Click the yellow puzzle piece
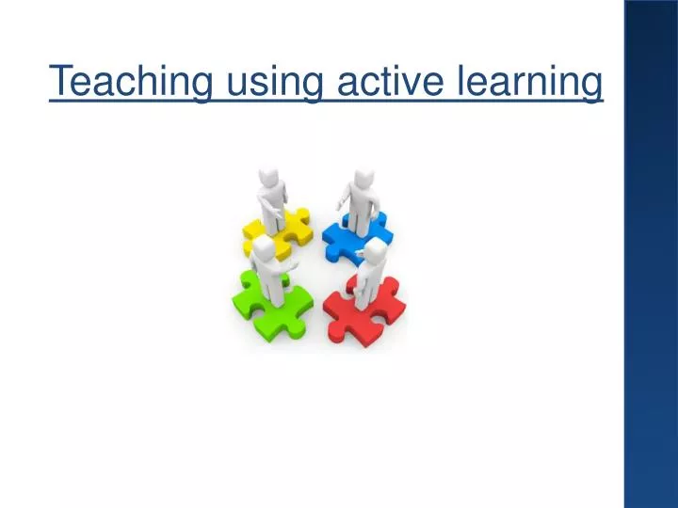click(291, 230)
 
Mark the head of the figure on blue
click(363, 179)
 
